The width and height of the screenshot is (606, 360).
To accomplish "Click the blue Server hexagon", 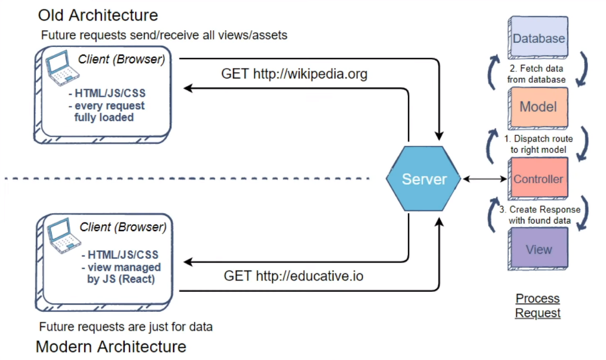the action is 423,179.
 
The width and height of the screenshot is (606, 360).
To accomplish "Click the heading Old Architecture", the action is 98,15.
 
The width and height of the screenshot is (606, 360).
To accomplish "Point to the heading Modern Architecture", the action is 111,346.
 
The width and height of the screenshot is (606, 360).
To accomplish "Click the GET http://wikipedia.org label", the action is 294,74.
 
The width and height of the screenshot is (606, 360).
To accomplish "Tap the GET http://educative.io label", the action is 294,276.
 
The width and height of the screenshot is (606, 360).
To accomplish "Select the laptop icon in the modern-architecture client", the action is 64,235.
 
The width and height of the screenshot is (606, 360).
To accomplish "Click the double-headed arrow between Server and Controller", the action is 485,179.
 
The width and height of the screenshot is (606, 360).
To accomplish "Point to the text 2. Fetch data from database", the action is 536,74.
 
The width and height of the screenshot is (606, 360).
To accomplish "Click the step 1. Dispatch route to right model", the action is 539,144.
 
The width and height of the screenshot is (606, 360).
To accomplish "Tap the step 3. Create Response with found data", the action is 540,215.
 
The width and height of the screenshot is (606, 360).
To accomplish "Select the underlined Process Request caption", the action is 538,306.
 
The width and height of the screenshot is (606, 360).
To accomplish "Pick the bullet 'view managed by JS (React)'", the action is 121,273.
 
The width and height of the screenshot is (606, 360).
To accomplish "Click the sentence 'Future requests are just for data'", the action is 126,326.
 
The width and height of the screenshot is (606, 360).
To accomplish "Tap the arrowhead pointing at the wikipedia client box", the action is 188,88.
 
